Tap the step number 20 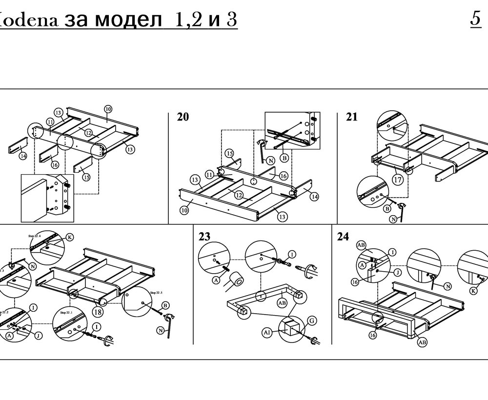pyautogui.click(x=183, y=118)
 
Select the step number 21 pyautogui.click(x=352, y=117)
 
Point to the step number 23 pyautogui.click(x=204, y=237)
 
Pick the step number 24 pyautogui.click(x=343, y=237)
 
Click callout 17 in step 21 pyautogui.click(x=398, y=180)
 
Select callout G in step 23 pyautogui.click(x=312, y=320)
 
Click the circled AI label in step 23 pyautogui.click(x=267, y=332)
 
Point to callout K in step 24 pyautogui.click(x=473, y=291)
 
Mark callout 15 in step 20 pyautogui.click(x=229, y=154)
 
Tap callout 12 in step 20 pyautogui.click(x=239, y=195)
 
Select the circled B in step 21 pyautogui.click(x=387, y=208)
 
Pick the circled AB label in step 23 pyautogui.click(x=282, y=302)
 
